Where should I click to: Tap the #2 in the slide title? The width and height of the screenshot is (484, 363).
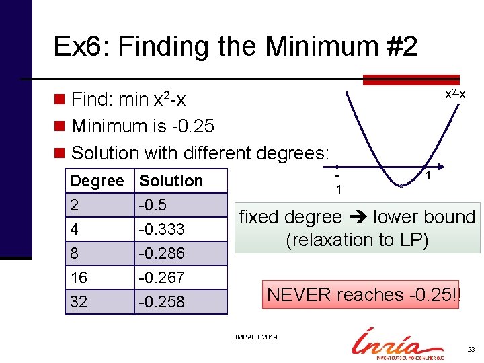399,46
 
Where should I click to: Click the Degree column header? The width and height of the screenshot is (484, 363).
97,181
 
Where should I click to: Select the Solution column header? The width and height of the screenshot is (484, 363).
171,181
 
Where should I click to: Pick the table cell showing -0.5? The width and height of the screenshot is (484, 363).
153,205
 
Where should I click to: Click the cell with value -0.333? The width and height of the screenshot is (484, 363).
161,229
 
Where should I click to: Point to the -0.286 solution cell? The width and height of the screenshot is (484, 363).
161,253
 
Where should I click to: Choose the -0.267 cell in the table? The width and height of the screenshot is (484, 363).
161,278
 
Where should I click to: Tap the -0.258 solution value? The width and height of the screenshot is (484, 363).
161,302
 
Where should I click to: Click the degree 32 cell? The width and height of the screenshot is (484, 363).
79,302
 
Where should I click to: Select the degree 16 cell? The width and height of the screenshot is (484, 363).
79,278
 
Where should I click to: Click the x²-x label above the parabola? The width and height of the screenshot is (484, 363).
455,95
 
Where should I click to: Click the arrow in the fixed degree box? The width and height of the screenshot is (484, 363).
357,217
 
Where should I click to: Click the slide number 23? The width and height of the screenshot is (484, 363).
471,350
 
